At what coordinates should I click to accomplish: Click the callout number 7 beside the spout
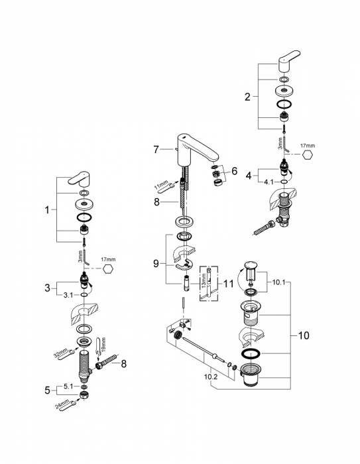(x=156, y=149)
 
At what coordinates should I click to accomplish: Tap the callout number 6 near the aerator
(x=234, y=171)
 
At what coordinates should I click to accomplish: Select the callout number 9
(x=156, y=263)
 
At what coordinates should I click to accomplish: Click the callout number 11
(x=228, y=284)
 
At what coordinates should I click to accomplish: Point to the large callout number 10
(x=304, y=335)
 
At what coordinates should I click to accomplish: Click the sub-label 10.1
(x=278, y=282)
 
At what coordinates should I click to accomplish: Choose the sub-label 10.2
(x=210, y=377)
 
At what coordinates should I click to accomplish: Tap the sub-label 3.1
(x=68, y=295)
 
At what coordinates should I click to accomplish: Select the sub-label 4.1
(x=269, y=182)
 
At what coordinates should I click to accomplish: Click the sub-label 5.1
(x=68, y=386)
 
